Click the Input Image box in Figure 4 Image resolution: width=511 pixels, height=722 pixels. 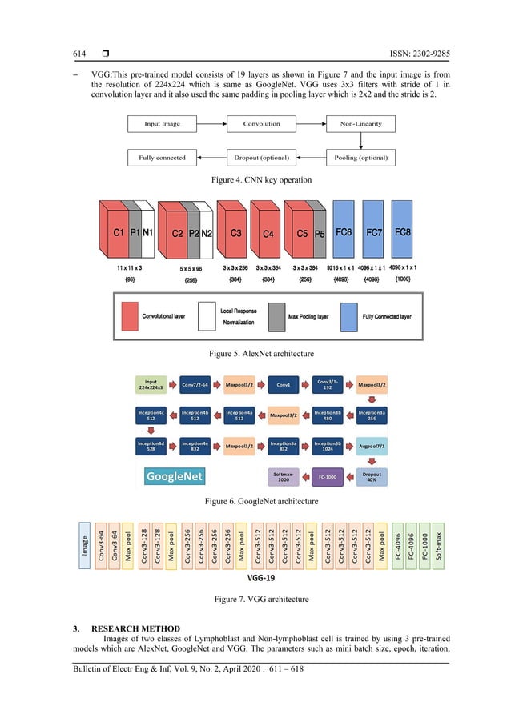coord(162,124)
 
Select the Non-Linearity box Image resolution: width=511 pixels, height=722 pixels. coord(360,124)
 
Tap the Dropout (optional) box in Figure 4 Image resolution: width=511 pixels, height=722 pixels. coord(261,158)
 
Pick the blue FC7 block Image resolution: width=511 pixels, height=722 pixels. coord(373,233)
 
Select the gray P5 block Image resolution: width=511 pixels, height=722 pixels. coord(319,235)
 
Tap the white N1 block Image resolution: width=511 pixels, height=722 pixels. coord(148,234)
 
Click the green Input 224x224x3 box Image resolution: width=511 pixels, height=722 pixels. coord(151,385)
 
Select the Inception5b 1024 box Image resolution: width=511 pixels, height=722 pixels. coord(328,447)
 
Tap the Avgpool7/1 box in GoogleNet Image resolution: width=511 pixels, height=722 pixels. coord(372,447)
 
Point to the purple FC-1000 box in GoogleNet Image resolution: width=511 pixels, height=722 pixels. coord(328,477)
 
